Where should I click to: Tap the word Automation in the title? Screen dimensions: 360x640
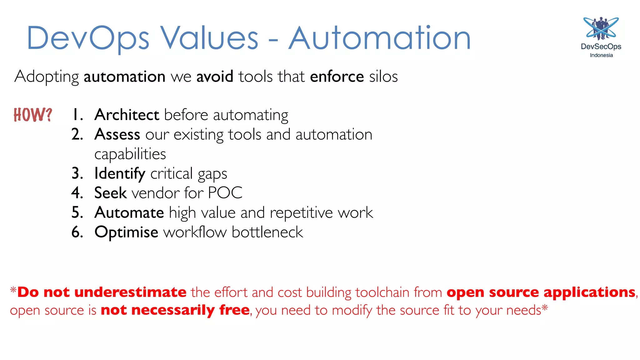(379, 38)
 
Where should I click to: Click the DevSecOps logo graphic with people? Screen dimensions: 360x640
(601, 29)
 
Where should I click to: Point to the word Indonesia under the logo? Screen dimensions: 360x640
(601, 55)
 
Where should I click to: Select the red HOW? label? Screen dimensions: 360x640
(33, 115)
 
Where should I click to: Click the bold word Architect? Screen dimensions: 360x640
(127, 115)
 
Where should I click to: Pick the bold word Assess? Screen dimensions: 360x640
(117, 134)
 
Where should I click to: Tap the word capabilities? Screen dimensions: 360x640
(130, 154)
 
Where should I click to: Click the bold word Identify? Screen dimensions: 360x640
(120, 173)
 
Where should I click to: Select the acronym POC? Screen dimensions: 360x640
(225, 193)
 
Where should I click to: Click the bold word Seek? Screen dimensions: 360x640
(110, 193)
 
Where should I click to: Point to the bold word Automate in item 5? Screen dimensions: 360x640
(129, 212)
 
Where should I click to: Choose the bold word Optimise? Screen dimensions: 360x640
(126, 232)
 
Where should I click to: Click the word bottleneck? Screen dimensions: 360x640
(267, 232)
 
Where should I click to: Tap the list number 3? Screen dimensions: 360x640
(77, 173)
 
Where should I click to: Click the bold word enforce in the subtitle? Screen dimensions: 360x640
(337, 77)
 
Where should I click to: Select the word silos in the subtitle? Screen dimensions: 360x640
(383, 77)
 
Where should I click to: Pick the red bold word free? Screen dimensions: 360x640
(234, 310)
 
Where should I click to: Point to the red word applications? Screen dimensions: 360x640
(589, 292)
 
